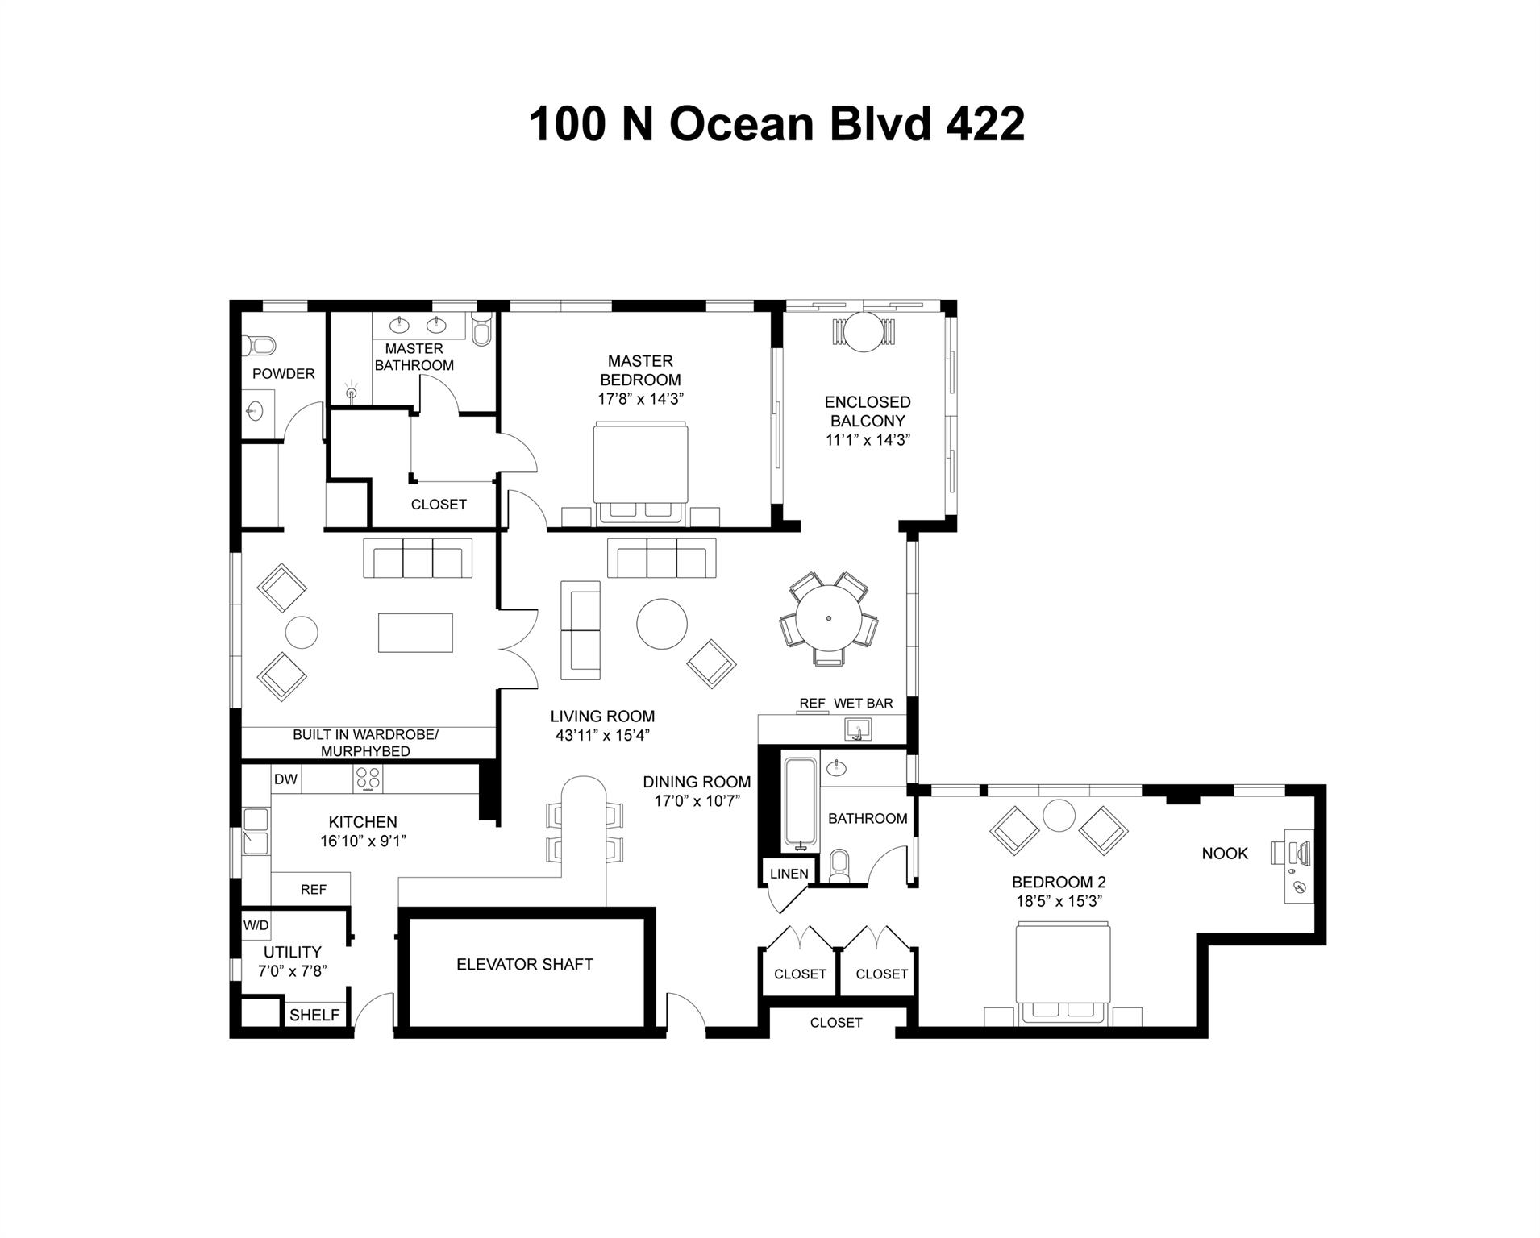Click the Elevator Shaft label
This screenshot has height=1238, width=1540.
coord(524,964)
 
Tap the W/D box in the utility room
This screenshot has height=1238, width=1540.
coord(256,925)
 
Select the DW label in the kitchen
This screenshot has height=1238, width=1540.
coord(285,779)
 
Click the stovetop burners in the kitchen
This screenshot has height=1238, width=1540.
coord(368,779)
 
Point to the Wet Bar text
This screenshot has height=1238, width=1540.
coord(863,704)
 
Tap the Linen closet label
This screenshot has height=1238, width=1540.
coord(789,874)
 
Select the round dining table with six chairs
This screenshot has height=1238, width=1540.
coord(828,619)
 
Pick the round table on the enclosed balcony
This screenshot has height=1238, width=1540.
coord(863,331)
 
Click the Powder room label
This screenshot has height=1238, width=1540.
coord(283,373)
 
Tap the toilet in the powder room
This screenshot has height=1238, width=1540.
coord(259,346)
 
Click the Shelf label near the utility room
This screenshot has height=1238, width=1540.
coord(314,1016)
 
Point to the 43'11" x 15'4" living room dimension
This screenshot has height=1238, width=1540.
coord(602,735)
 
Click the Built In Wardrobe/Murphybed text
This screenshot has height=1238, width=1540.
coord(365,742)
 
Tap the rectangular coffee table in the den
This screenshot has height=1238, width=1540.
coord(415,633)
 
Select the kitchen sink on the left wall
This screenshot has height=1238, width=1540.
coord(256,832)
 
